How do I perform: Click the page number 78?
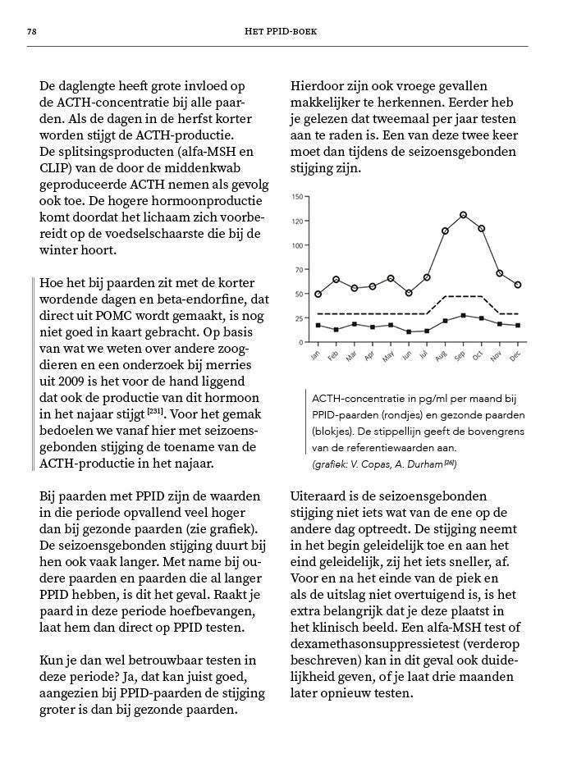coord(31,31)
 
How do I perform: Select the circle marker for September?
coord(464,215)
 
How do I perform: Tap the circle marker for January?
coord(318,294)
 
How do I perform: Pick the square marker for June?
coord(409,331)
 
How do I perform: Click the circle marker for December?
coord(517,285)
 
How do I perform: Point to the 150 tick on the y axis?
coord(296,196)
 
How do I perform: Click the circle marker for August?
coord(445,231)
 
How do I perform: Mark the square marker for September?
coord(464,315)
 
